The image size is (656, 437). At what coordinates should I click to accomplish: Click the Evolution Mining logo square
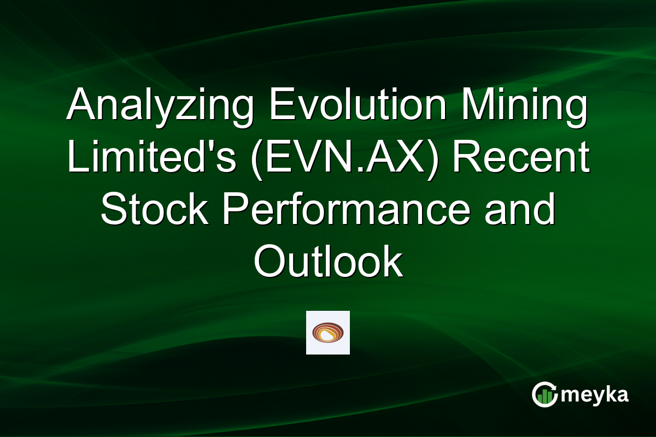point(328,333)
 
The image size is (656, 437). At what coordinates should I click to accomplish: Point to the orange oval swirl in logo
point(328,332)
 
